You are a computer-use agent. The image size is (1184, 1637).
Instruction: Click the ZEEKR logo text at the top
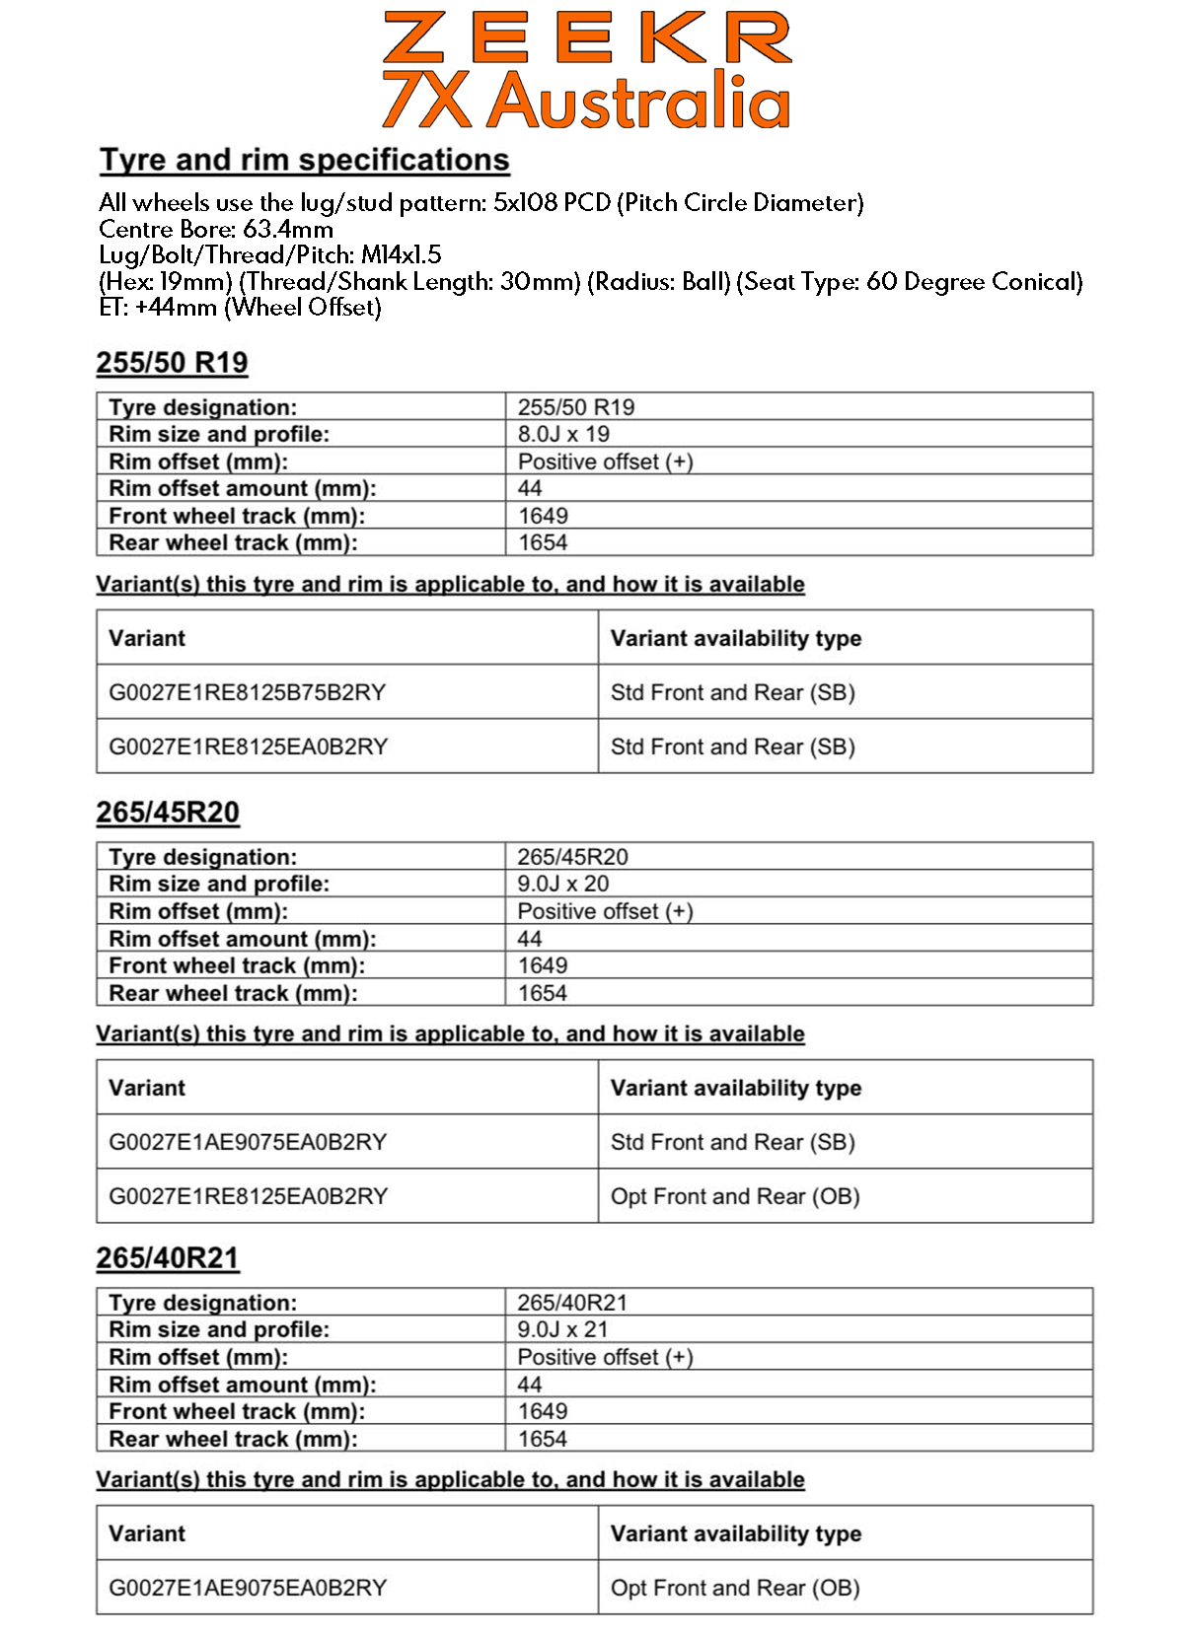click(x=587, y=37)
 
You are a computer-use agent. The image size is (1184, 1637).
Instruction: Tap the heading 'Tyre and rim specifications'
click(x=305, y=160)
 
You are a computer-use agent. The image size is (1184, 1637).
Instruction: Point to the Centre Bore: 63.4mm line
click(x=216, y=229)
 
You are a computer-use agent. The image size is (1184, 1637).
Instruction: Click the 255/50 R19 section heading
click(x=172, y=363)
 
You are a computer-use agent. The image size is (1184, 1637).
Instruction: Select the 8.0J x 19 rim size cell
click(x=563, y=434)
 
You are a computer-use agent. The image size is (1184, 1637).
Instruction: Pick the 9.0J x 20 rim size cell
click(x=563, y=884)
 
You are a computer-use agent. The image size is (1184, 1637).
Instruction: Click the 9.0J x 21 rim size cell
click(x=563, y=1329)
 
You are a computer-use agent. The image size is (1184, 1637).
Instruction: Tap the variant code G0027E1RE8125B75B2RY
click(x=247, y=692)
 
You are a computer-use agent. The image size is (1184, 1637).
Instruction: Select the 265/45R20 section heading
click(x=168, y=813)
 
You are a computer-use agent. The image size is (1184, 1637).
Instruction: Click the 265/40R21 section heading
click(x=168, y=1258)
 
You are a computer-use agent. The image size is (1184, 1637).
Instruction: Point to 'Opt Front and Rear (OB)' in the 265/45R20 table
click(x=735, y=1196)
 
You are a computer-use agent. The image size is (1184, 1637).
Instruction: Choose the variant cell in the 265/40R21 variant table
click(x=248, y=1588)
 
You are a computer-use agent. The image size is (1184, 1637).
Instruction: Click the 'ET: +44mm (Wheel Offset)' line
click(x=240, y=308)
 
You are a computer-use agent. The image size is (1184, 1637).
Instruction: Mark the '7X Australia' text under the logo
click(x=587, y=101)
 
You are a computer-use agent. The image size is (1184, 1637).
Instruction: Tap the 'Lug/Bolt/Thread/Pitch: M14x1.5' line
click(x=270, y=255)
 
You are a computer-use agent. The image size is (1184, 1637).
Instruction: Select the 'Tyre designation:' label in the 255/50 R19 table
click(x=203, y=407)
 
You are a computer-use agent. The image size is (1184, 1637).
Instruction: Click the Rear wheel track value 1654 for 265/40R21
click(x=543, y=1439)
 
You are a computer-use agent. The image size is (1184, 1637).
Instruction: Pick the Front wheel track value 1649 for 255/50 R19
click(x=543, y=516)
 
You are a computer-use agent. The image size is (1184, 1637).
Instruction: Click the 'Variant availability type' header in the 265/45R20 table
click(x=736, y=1088)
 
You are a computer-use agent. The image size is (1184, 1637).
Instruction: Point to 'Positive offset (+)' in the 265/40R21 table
click(x=606, y=1357)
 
